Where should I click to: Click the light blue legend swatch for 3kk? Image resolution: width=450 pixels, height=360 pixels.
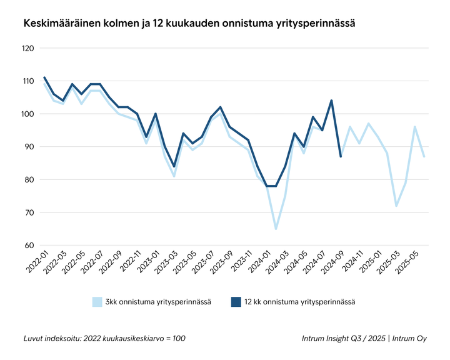click(97, 302)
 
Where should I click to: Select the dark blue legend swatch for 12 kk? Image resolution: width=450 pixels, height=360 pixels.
click(236, 302)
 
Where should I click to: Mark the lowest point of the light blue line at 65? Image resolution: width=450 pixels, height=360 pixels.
click(276, 229)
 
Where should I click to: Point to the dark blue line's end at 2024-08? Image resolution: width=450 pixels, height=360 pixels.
click(341, 156)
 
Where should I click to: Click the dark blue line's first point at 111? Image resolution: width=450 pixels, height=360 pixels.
click(44, 78)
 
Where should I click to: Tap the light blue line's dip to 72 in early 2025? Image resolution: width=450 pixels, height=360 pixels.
click(396, 206)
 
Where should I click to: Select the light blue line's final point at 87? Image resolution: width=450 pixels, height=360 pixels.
click(424, 156)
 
